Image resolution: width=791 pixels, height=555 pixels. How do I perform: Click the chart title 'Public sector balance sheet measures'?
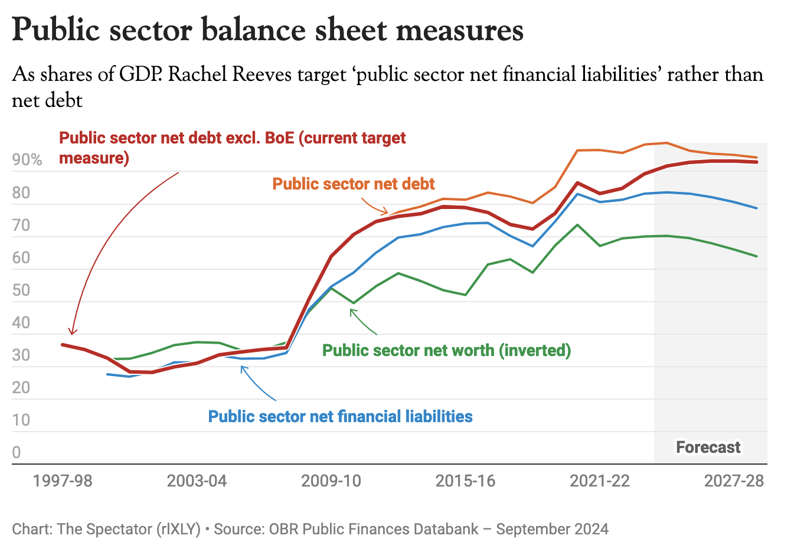[x=267, y=30]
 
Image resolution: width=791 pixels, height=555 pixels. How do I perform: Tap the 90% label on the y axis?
[x=27, y=160]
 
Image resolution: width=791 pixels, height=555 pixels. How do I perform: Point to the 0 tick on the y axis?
[x=17, y=452]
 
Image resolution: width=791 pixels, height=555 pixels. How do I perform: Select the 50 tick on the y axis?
[x=21, y=290]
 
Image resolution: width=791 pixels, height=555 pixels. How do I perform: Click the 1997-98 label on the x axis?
[x=63, y=481]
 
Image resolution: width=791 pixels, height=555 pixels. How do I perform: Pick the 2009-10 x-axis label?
[x=331, y=481]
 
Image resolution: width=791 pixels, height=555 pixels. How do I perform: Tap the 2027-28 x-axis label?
[x=734, y=481]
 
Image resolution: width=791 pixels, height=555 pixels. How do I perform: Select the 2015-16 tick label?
[x=465, y=481]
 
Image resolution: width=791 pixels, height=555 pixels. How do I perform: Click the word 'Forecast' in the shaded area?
[x=708, y=447]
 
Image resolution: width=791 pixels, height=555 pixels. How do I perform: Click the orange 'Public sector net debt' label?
[x=354, y=184]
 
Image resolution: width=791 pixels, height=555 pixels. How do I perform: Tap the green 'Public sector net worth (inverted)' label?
[x=447, y=350]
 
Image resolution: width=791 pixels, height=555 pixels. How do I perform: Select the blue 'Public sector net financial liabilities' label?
[x=341, y=416]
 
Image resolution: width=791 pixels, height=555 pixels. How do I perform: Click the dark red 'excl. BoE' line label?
[x=233, y=147]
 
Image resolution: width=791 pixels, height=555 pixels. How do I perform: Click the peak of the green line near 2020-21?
[x=577, y=225]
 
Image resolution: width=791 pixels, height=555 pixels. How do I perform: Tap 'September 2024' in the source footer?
[x=552, y=528]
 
